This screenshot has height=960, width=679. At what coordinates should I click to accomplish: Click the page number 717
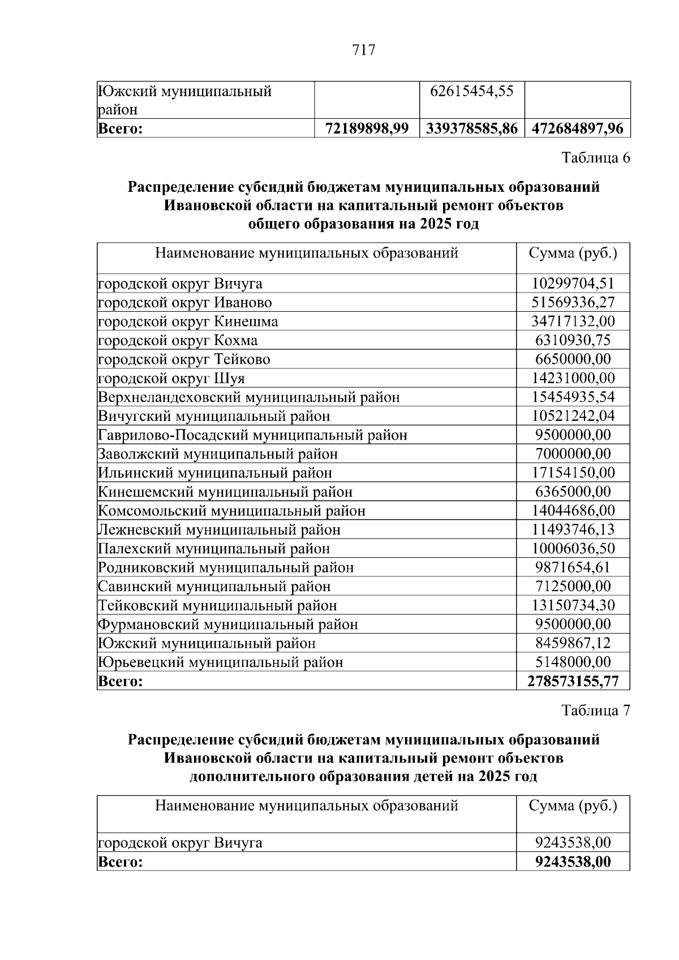coord(363,50)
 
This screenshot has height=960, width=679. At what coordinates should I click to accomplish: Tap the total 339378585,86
coord(471,128)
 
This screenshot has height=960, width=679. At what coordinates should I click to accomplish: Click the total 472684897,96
coord(577,128)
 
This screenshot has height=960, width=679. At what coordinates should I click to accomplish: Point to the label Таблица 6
coord(595,158)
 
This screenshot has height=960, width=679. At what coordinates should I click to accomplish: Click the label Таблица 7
coord(595,710)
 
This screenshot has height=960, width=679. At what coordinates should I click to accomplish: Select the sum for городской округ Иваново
coord(573,302)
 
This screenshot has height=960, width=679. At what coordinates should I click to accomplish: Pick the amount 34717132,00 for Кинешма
coord(573,321)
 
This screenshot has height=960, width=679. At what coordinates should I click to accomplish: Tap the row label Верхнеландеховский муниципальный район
coord(249,397)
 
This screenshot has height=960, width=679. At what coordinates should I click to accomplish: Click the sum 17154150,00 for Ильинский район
coord(573,472)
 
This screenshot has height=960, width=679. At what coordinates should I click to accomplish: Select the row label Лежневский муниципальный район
coord(220,529)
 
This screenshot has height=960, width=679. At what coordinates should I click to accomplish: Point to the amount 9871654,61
coord(573,567)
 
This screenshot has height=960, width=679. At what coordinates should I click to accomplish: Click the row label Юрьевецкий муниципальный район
coord(221,662)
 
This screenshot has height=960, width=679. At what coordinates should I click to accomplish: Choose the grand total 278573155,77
coord(573,681)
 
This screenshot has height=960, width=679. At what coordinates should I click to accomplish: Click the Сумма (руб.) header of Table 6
coord(573,253)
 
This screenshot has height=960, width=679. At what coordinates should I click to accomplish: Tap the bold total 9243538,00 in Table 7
coord(573,862)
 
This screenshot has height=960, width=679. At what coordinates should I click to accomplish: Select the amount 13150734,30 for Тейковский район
coord(573,605)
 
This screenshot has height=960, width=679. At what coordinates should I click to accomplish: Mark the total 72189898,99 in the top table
coord(367,128)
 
